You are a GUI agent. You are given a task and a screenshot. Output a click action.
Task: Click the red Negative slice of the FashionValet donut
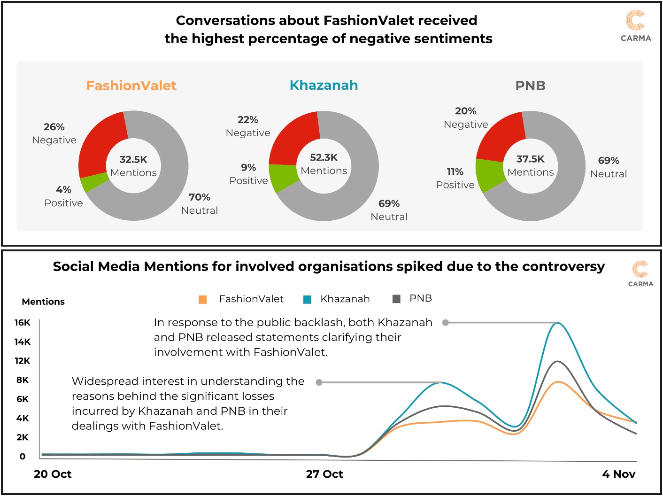[100, 146]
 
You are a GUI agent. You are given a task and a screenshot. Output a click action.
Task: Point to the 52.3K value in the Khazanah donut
[324, 157]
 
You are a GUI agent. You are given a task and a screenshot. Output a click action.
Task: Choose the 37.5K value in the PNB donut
[530, 159]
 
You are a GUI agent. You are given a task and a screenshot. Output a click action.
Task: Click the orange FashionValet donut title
[131, 85]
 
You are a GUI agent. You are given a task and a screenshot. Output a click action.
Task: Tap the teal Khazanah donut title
[324, 85]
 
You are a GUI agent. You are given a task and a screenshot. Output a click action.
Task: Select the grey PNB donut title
[530, 85]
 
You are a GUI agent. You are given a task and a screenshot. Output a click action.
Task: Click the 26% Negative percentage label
[54, 127]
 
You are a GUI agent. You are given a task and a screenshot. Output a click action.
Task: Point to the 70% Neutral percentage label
[200, 197]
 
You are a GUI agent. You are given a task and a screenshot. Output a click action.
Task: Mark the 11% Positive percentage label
[455, 171]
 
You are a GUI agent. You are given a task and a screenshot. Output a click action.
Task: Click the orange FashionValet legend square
[203, 299]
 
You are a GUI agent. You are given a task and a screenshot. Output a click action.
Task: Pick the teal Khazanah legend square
[308, 299]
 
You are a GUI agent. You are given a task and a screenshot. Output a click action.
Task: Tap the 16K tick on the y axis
[22, 322]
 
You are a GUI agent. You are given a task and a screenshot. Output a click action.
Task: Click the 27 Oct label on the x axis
[324, 474]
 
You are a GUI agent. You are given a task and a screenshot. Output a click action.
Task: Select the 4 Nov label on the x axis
[618, 474]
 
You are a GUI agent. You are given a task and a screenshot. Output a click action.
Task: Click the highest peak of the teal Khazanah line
[558, 323]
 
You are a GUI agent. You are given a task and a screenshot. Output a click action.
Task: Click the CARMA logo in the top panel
[636, 26]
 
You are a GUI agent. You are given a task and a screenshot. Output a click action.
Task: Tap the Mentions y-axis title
[43, 302]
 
